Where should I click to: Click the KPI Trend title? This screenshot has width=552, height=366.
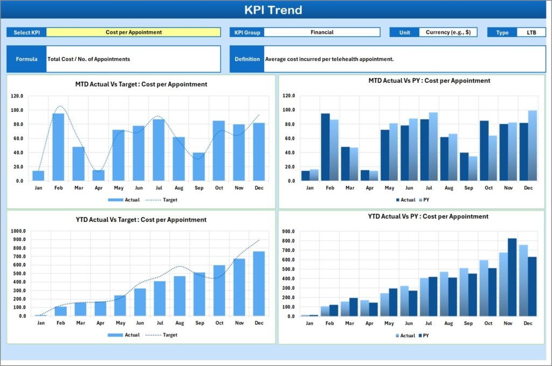pyautogui.click(x=273, y=10)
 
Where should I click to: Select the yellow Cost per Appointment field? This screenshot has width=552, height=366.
pyautogui.click(x=134, y=32)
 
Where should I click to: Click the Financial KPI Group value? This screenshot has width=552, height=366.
pyautogui.click(x=322, y=32)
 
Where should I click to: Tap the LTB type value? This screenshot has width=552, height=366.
pyautogui.click(x=531, y=32)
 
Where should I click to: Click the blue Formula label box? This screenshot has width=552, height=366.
pyautogui.click(x=26, y=59)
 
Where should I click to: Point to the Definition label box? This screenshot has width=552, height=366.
pyautogui.click(x=247, y=59)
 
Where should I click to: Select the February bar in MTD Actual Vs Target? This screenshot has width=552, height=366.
pyautogui.click(x=58, y=147)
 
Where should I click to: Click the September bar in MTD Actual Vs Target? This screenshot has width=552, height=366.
pyautogui.click(x=199, y=167)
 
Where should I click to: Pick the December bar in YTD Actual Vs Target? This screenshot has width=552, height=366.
pyautogui.click(x=259, y=283)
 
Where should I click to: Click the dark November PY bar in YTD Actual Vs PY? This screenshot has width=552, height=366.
pyautogui.click(x=512, y=277)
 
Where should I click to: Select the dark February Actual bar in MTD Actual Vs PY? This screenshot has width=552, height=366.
pyautogui.click(x=325, y=147)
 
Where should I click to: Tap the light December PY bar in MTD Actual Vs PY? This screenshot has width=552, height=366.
pyautogui.click(x=533, y=145)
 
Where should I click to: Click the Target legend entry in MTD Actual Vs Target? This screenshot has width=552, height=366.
pyautogui.click(x=162, y=200)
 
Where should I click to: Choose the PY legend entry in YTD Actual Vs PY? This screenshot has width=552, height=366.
pyautogui.click(x=424, y=335)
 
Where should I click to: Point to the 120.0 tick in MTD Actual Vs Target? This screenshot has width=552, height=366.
pyautogui.click(x=17, y=96)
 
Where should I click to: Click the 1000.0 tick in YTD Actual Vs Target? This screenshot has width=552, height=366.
pyautogui.click(x=18, y=231)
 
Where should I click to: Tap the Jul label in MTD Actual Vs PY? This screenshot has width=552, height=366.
pyautogui.click(x=429, y=188)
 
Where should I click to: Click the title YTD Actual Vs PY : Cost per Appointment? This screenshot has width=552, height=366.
pyautogui.click(x=428, y=216)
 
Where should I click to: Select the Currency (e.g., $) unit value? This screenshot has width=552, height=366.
pyautogui.click(x=448, y=32)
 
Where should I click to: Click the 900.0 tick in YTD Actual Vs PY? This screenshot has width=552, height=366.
pyautogui.click(x=288, y=231)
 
